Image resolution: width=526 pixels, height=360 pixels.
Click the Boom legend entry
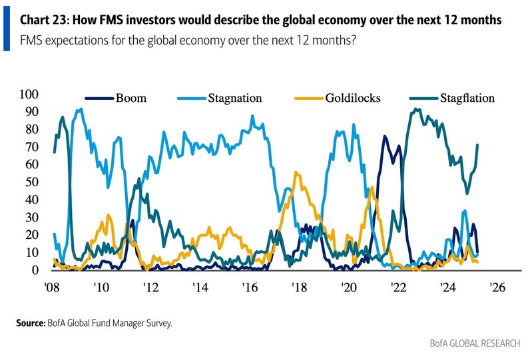131,98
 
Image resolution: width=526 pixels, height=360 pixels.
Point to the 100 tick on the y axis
31,94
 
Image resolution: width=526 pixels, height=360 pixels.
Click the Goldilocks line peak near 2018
296,173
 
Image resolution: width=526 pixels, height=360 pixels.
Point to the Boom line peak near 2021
384,136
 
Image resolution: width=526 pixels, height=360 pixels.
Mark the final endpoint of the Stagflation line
477,144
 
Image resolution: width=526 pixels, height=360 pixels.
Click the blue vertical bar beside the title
6,30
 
